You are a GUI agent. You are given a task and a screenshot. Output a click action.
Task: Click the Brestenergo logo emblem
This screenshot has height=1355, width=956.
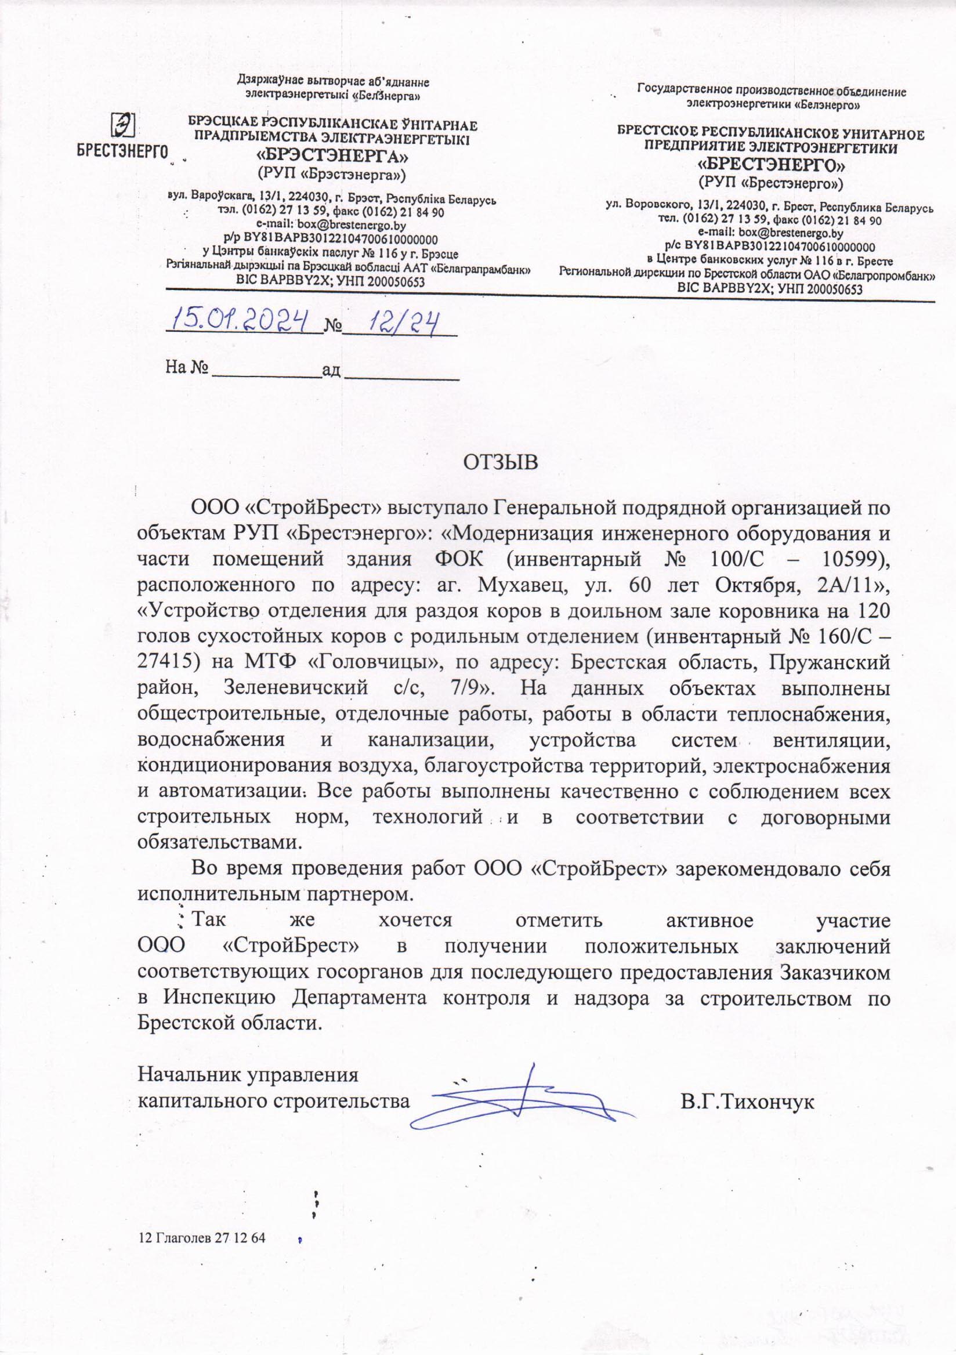[124, 125]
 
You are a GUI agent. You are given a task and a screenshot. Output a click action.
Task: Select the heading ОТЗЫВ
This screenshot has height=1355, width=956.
[501, 462]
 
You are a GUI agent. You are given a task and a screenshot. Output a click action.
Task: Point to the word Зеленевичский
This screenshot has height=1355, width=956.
[296, 688]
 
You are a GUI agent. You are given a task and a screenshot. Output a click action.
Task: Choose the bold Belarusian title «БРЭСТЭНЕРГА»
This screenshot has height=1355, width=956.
[332, 157]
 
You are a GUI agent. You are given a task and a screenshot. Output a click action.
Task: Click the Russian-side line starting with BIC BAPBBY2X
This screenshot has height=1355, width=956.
[770, 289]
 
